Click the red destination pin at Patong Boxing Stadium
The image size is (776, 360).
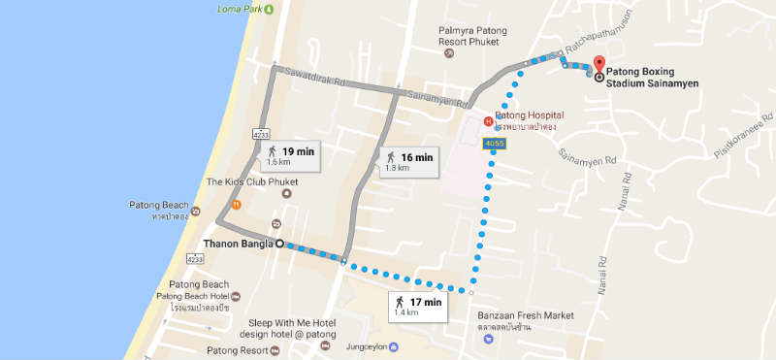(x=598, y=66)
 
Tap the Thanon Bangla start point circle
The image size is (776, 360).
(x=279, y=244)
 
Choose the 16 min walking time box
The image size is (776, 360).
(x=407, y=162)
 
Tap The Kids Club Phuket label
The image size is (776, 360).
(x=251, y=181)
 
